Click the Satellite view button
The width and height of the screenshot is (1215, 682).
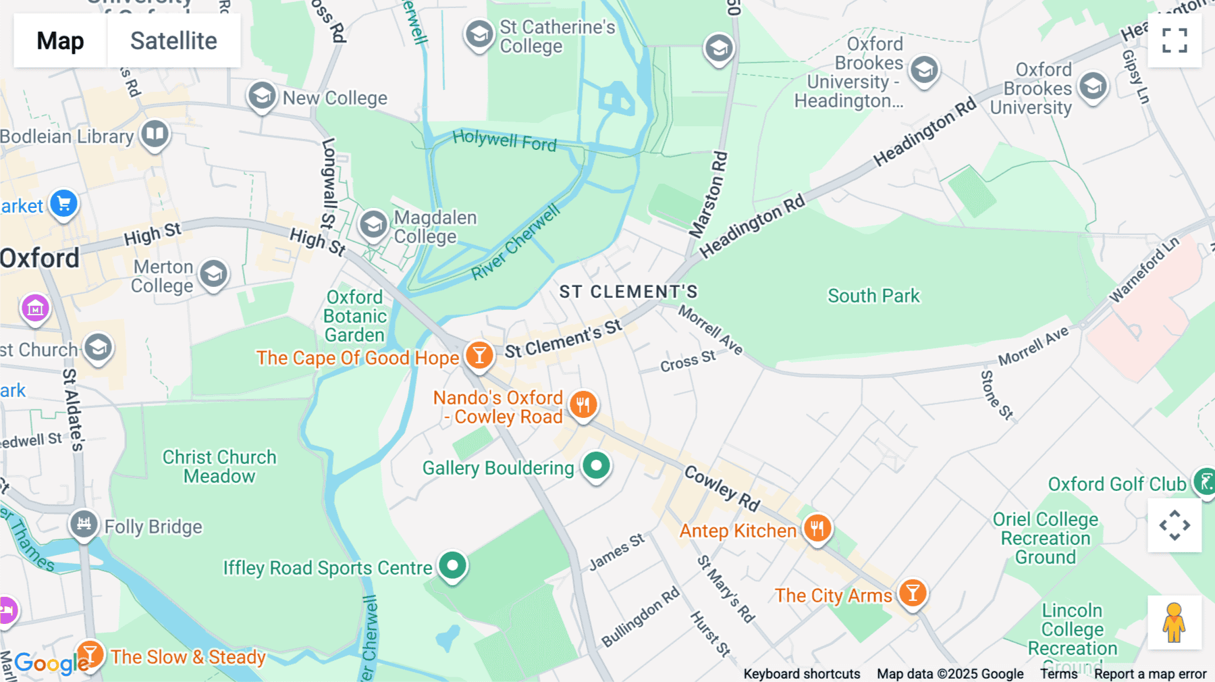pyautogui.click(x=173, y=41)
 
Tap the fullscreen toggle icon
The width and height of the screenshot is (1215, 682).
pyautogui.click(x=1174, y=41)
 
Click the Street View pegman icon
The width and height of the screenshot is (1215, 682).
pyautogui.click(x=1174, y=623)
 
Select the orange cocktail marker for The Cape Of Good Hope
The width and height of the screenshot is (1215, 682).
pyautogui.click(x=479, y=355)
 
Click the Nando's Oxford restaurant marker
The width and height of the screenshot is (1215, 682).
pyautogui.click(x=583, y=405)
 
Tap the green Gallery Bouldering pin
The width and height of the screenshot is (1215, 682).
pyautogui.click(x=596, y=466)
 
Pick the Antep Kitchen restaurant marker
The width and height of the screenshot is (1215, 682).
pyautogui.click(x=817, y=528)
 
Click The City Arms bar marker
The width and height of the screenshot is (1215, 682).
pyautogui.click(x=913, y=594)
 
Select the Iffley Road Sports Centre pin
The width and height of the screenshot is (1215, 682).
pyautogui.click(x=452, y=565)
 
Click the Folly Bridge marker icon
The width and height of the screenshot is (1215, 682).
pyautogui.click(x=84, y=524)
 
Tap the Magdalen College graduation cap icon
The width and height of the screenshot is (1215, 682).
pyautogui.click(x=373, y=225)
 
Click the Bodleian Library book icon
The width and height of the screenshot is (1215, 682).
pyautogui.click(x=155, y=134)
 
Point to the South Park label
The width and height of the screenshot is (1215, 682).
pyautogui.click(x=873, y=296)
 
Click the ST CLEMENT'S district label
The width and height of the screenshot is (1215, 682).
pyautogui.click(x=628, y=292)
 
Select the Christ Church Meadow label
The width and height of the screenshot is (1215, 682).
pyautogui.click(x=219, y=467)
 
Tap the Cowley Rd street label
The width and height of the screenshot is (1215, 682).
pyautogui.click(x=722, y=488)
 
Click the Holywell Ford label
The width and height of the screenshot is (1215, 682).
pyautogui.click(x=504, y=140)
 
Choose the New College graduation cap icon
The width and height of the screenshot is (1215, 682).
pyautogui.click(x=262, y=97)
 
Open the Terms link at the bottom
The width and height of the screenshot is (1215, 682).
pyautogui.click(x=1058, y=673)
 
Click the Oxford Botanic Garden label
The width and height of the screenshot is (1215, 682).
pyautogui.click(x=355, y=316)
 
